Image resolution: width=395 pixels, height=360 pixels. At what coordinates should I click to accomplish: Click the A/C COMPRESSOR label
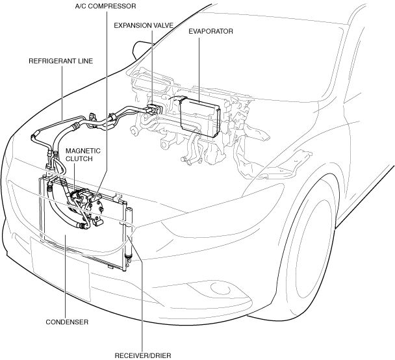(x=107, y=6)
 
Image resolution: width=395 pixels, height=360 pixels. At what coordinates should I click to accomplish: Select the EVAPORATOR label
(x=210, y=31)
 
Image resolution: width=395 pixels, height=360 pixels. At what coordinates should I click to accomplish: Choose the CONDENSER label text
(x=67, y=322)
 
